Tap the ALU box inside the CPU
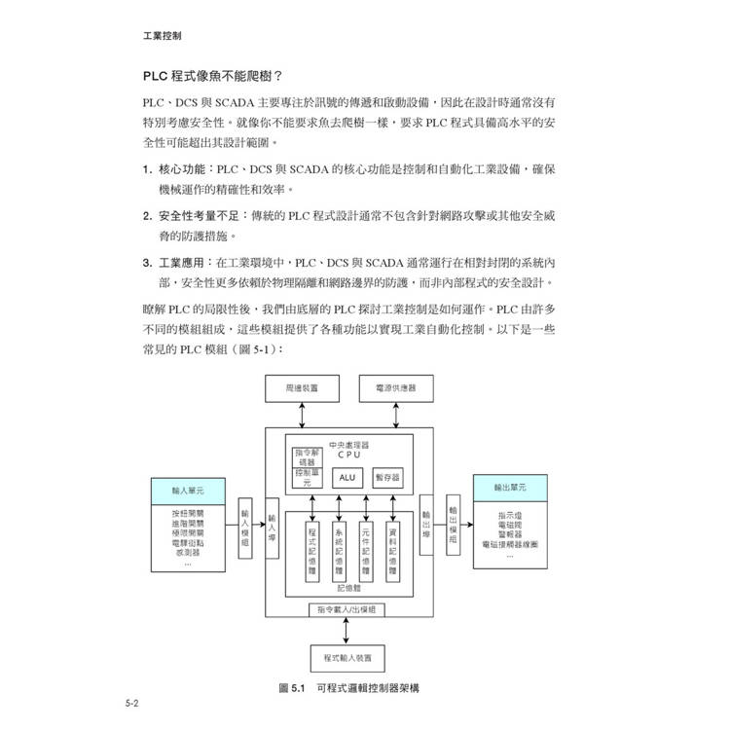point(347,478)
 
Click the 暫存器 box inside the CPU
point(391,478)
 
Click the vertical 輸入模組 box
point(245,529)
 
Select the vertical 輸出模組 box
point(454,529)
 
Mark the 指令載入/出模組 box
point(347,608)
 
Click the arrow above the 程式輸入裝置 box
point(347,630)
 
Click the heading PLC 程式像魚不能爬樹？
point(213,75)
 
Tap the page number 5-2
point(133,703)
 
